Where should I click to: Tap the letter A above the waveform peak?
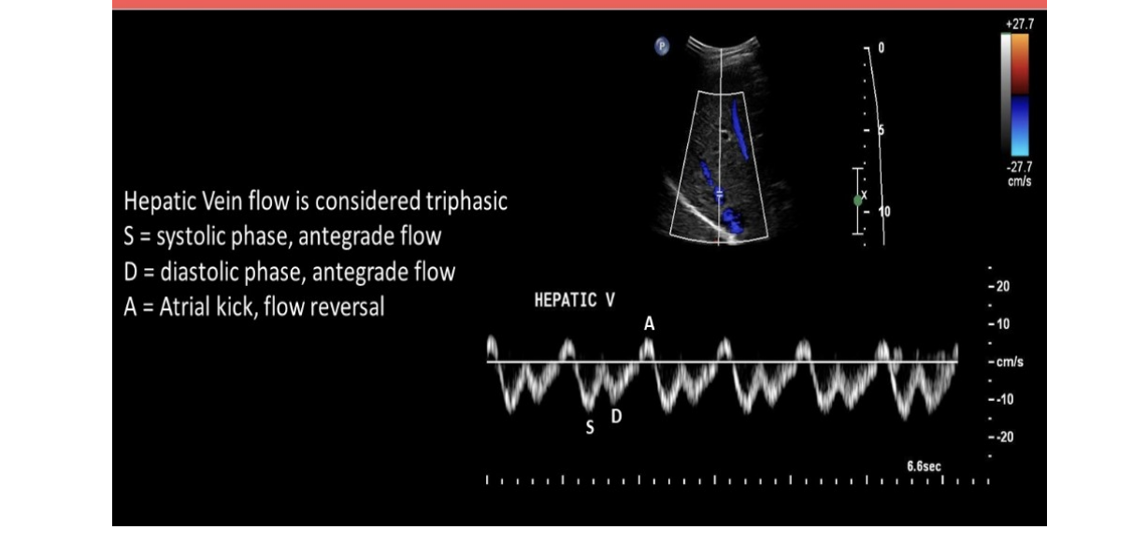point(649,323)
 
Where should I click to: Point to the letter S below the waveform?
point(590,428)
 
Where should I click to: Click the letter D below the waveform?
point(616,416)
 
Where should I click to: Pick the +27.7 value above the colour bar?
point(1018,22)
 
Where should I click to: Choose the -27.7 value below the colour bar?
point(1018,166)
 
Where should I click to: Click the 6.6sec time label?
point(924,465)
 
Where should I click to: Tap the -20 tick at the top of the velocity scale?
point(998,287)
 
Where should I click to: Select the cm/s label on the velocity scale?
point(1008,362)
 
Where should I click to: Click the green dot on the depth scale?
point(858,200)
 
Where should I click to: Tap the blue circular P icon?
point(662,45)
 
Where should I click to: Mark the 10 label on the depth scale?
point(883,212)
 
